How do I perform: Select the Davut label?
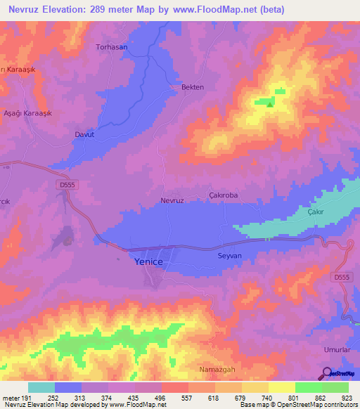coord(84,134)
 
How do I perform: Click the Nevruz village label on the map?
coord(172,200)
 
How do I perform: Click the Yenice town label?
coord(148,261)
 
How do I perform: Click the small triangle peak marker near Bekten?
coord(270,104)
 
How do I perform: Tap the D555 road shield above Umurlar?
coord(341,278)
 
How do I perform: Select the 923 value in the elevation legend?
coord(347,398)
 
